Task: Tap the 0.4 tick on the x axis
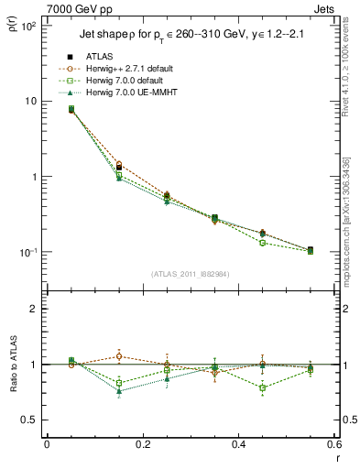238,445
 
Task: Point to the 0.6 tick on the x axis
333,445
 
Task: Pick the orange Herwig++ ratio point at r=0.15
119,356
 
